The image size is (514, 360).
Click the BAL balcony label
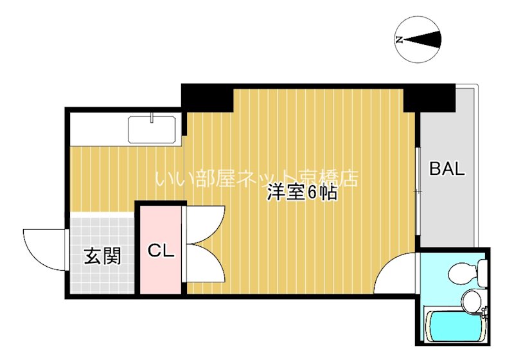click(x=447, y=170)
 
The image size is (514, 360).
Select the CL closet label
click(x=161, y=251)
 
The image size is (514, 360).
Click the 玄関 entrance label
click(x=102, y=256)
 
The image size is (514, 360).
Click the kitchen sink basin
click(x=153, y=130)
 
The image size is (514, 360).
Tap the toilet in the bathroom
click(x=465, y=273)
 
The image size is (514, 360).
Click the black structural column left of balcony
click(x=429, y=98)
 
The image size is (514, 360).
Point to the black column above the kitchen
click(x=207, y=98)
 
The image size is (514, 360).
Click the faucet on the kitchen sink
click(x=152, y=118)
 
